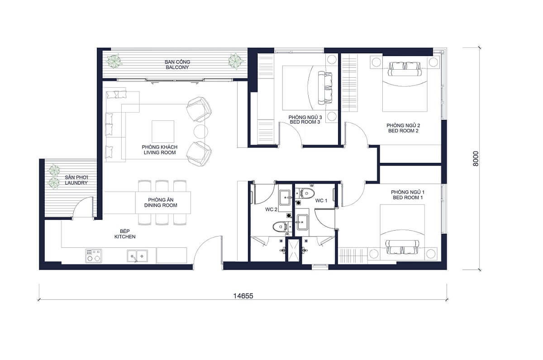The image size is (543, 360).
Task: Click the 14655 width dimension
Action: [243, 296]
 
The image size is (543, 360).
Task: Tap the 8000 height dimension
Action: [475, 159]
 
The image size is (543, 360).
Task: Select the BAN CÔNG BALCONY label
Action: [176, 64]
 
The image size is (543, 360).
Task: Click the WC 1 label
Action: [321, 200]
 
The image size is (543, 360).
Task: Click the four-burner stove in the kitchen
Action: [93, 256]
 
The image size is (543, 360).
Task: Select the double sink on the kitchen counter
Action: [137, 256]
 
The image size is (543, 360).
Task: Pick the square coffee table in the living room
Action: [162, 131]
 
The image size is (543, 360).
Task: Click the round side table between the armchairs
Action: [200, 131]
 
